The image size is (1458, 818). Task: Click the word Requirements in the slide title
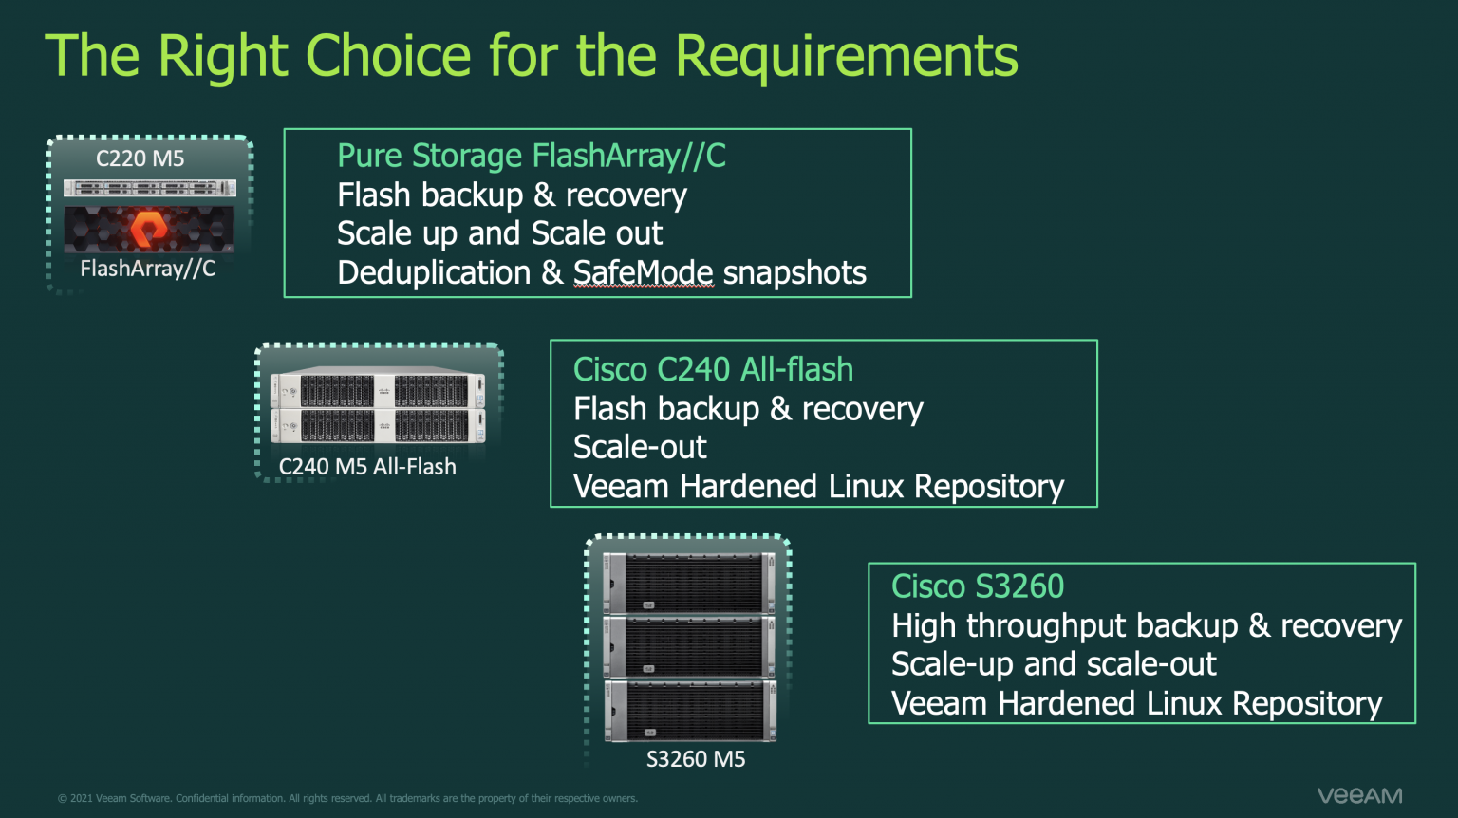tap(846, 57)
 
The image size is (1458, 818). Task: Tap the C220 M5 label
tap(140, 158)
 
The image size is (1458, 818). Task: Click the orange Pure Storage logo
tap(148, 229)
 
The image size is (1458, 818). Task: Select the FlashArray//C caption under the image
tap(148, 269)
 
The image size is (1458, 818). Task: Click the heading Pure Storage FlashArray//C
tap(532, 156)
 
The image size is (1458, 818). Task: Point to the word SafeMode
tap(643, 273)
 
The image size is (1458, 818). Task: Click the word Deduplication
tap(434, 273)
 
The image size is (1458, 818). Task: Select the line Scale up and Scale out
tap(499, 233)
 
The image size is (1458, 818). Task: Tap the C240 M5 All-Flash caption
tap(367, 467)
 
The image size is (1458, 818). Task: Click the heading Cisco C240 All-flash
tap(713, 369)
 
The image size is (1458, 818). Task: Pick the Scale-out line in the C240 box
tap(640, 447)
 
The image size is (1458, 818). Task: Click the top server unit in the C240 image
tap(378, 389)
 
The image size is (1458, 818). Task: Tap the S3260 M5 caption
tap(696, 759)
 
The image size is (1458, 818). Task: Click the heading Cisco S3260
tap(978, 586)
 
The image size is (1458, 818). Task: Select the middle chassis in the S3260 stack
tap(690, 646)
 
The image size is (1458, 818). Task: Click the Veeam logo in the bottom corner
tap(1359, 795)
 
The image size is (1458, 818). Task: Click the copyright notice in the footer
tap(347, 798)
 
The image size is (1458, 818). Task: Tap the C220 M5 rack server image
tap(149, 189)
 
